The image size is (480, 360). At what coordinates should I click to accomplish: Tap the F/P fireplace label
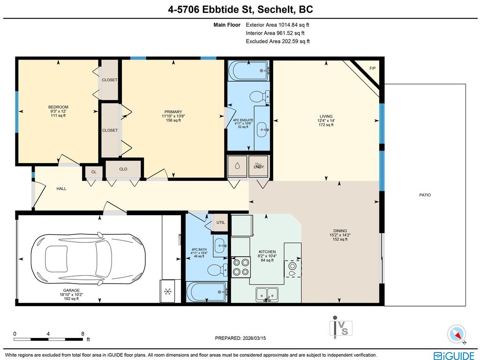pyautogui.click(x=373, y=68)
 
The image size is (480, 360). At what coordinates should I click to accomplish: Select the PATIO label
pyautogui.click(x=425, y=195)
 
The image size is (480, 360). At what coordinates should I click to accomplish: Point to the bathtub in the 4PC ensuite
pyautogui.click(x=248, y=71)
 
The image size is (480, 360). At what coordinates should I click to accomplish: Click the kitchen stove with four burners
pyautogui.click(x=241, y=267)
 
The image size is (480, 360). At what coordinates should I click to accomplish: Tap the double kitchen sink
pyautogui.click(x=267, y=294)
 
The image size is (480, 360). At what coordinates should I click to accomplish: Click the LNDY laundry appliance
pyautogui.click(x=258, y=166)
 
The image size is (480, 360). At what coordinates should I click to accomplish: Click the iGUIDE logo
pyautogui.click(x=454, y=356)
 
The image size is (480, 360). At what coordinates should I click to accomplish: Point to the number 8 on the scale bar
pyautogui.click(x=82, y=334)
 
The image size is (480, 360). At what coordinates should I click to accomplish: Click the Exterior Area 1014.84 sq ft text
pyautogui.click(x=277, y=25)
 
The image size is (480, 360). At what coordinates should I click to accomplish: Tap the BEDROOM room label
pyautogui.click(x=58, y=107)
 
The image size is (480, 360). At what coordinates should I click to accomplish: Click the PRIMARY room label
pyautogui.click(x=173, y=112)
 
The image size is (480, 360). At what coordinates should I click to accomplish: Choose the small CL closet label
pyautogui.click(x=94, y=172)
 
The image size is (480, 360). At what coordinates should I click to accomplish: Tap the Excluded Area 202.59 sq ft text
pyautogui.click(x=277, y=41)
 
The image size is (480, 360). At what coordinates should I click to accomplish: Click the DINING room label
pyautogui.click(x=340, y=231)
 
